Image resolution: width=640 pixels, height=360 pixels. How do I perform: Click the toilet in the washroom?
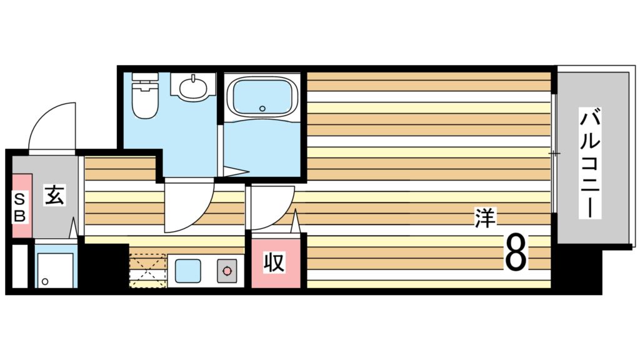pyautogui.click(x=146, y=99)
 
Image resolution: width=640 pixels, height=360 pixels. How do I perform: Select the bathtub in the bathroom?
pyautogui.click(x=261, y=97)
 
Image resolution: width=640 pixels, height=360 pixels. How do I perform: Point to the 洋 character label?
pyautogui.click(x=484, y=219)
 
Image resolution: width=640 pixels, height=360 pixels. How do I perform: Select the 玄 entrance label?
pyautogui.click(x=53, y=196)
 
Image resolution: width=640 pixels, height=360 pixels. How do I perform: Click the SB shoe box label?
pyautogui.click(x=21, y=208)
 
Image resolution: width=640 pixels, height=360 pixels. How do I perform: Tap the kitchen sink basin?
pyautogui.click(x=187, y=271)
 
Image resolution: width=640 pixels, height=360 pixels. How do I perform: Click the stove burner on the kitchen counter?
pyautogui.click(x=226, y=271)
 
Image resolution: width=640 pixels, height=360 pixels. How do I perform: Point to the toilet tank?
pyautogui.click(x=146, y=81)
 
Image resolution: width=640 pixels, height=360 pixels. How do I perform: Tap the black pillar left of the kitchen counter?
pyautogui.click(x=104, y=265)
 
